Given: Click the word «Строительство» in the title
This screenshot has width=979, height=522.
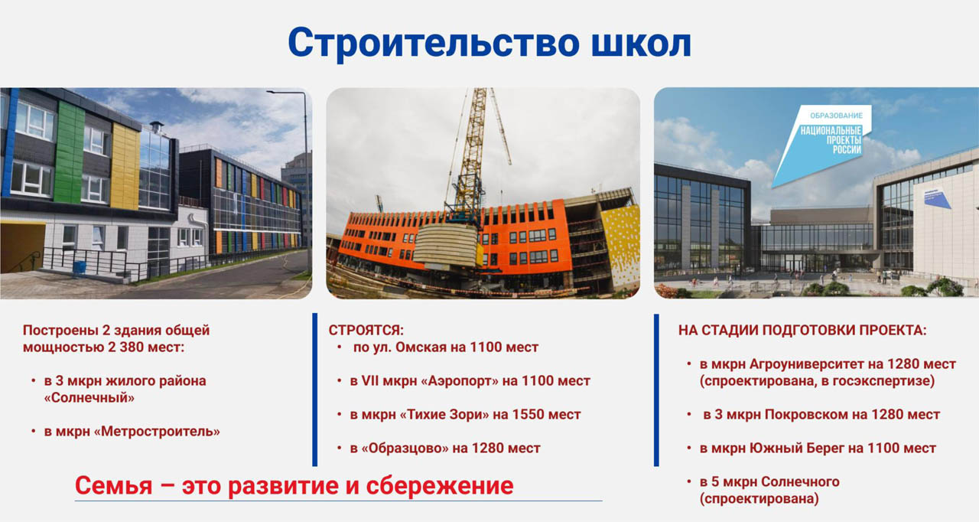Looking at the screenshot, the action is point(434,44).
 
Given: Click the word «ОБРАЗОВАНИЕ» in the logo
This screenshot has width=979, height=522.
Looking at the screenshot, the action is point(836,116).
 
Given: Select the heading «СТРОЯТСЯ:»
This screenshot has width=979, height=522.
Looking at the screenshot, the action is point(366,330).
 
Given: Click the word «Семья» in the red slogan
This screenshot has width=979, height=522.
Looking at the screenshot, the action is point(114,485).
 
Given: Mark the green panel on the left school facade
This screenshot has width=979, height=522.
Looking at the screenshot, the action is point(69,153).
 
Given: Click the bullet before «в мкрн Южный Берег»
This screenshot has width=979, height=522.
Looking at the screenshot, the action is point(689,448).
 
